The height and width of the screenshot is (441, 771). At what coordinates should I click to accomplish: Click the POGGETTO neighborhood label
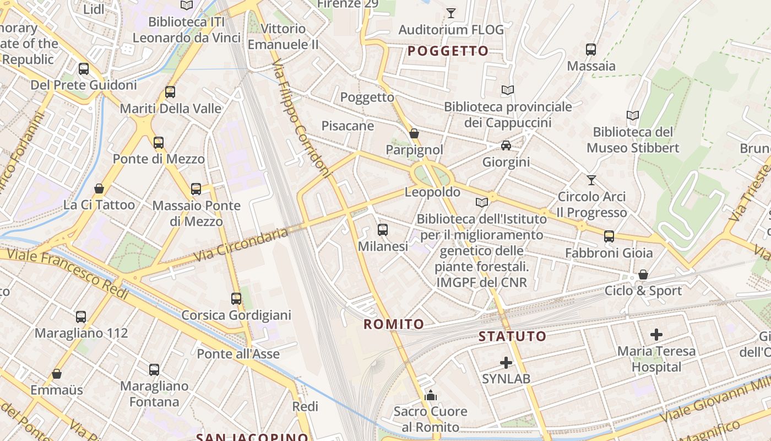(448, 51)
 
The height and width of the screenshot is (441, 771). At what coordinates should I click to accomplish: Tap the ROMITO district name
(394, 324)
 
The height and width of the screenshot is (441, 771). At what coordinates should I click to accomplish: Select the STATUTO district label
(512, 336)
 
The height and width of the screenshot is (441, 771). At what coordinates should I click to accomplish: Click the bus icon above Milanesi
(383, 230)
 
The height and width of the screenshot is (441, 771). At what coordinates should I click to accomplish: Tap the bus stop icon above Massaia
(591, 50)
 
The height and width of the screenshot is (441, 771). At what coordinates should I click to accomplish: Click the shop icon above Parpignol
(414, 133)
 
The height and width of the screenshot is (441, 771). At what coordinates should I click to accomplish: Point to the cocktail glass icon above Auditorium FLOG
(451, 13)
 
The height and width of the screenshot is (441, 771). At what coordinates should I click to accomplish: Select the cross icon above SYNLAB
(506, 363)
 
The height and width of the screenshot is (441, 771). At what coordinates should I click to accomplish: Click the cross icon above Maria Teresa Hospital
(656, 335)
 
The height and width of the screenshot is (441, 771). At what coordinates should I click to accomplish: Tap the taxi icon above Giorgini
(506, 146)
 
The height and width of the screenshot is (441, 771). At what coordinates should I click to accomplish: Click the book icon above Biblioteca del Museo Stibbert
(633, 116)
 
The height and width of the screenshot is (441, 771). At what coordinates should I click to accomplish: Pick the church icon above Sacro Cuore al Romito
(431, 395)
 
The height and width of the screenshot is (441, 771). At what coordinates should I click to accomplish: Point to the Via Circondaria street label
(241, 244)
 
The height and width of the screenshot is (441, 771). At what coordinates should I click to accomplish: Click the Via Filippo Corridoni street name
(302, 118)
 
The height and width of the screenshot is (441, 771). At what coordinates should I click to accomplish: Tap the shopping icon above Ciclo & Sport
(643, 275)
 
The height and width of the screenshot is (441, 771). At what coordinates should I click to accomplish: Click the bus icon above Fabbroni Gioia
(609, 236)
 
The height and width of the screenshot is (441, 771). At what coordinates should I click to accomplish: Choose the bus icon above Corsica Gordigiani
(236, 299)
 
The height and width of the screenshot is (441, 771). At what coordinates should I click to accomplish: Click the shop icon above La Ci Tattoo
(99, 189)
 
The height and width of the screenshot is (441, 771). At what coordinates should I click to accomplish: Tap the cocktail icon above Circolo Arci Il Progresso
(591, 180)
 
